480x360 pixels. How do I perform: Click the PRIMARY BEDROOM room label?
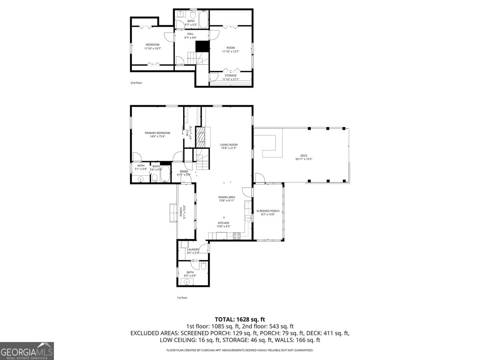(x=157, y=133)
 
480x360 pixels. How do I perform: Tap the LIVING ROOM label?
(x=229, y=145)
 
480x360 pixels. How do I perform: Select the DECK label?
(x=304, y=156)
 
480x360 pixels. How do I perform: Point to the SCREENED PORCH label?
(x=268, y=211)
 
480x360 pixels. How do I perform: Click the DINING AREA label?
(x=226, y=197)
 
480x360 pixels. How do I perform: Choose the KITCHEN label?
(x=223, y=223)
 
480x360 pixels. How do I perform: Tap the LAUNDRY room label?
(x=193, y=250)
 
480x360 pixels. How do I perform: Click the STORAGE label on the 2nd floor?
(x=230, y=75)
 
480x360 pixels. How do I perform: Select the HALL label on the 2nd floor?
(x=190, y=34)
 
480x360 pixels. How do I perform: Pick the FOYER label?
(x=184, y=172)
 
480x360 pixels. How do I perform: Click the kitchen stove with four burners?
(x=236, y=236)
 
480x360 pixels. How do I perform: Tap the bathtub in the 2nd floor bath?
(x=203, y=20)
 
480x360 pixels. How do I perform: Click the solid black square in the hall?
(x=202, y=46)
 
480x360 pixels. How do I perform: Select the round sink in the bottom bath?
(x=186, y=282)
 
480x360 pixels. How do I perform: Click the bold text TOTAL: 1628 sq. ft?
(x=240, y=319)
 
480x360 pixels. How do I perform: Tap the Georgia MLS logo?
(x=27, y=351)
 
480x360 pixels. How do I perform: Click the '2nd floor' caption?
(x=136, y=83)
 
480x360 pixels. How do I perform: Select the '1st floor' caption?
(x=182, y=298)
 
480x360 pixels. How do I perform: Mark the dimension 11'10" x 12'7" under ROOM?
(x=230, y=52)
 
